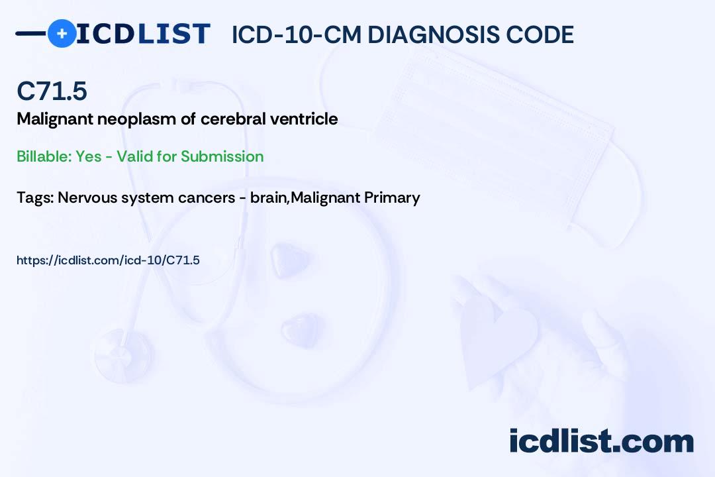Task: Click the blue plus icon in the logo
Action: point(62,33)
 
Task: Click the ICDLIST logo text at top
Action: point(143,34)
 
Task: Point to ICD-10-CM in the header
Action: point(297,34)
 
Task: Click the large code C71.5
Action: point(52,91)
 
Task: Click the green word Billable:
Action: point(44,156)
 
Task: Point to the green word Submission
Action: point(222,156)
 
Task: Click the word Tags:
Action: point(35,198)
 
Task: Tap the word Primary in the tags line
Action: point(392,198)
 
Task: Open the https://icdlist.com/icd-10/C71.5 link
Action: point(108,260)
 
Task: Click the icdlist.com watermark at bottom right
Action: point(601,441)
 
